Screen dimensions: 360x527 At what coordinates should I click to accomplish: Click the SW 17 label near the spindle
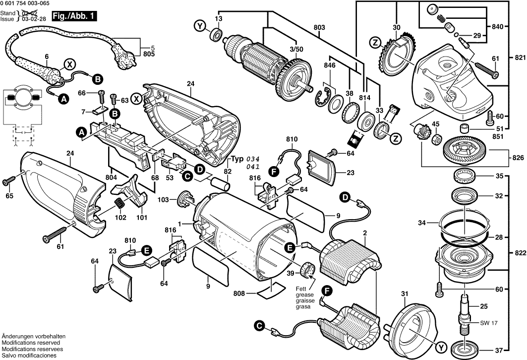click(488, 323)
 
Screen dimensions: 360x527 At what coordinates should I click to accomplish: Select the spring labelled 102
click(119, 203)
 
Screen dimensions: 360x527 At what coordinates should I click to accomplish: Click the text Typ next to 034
click(237, 159)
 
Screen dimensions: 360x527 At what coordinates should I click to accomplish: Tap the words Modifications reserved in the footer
click(31, 343)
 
